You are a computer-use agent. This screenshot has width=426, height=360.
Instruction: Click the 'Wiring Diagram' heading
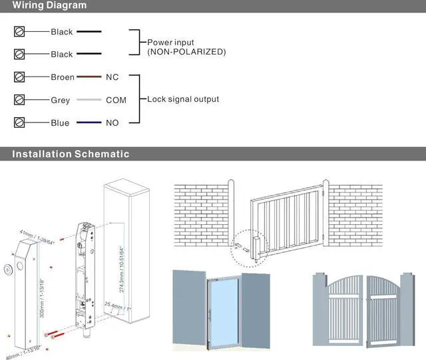50,6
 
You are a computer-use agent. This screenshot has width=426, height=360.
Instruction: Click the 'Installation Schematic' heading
71,154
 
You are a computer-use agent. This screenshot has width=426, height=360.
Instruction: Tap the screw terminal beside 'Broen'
19,77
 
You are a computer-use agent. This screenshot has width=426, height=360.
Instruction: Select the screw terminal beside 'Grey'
19,100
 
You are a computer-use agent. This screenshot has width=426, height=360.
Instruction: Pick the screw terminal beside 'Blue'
19,122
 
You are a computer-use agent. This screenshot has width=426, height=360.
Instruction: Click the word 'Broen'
63,77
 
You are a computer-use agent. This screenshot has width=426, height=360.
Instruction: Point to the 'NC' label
112,77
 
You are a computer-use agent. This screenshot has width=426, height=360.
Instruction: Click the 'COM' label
116,100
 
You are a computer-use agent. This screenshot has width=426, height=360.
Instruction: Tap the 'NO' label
112,122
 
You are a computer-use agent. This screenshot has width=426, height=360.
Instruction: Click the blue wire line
89,122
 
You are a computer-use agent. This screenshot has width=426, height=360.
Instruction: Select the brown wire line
89,77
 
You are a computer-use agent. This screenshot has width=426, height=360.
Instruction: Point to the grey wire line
89,100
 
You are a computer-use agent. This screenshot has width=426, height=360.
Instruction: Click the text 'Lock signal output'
182,99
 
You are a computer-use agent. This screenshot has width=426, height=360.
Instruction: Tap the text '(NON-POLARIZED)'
186,52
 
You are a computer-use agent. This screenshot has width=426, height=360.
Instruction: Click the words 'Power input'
170,43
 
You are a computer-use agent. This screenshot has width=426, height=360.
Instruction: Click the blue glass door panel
223,310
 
